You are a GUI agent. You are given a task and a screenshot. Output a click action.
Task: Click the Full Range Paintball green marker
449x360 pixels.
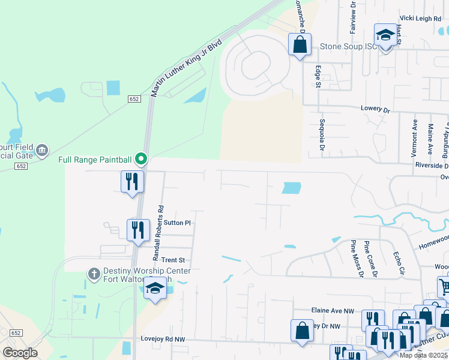141,159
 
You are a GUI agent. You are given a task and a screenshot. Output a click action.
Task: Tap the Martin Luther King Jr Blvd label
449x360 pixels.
187,68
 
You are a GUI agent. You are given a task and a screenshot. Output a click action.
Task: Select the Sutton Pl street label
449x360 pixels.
178,223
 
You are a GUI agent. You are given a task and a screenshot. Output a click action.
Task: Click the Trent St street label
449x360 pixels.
172,260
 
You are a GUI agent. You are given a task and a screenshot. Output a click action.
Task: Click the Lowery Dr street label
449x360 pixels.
375,110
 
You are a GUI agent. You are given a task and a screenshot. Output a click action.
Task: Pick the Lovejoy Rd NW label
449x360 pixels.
163,340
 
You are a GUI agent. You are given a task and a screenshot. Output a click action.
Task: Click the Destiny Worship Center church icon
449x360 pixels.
93,274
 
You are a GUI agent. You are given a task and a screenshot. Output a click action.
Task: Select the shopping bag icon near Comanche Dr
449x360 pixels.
300,44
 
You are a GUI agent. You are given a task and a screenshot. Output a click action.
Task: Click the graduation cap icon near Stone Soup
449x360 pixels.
385,34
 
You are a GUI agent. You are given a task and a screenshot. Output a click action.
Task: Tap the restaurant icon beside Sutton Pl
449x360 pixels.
139,229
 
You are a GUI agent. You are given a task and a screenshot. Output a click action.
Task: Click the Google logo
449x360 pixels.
20,353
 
